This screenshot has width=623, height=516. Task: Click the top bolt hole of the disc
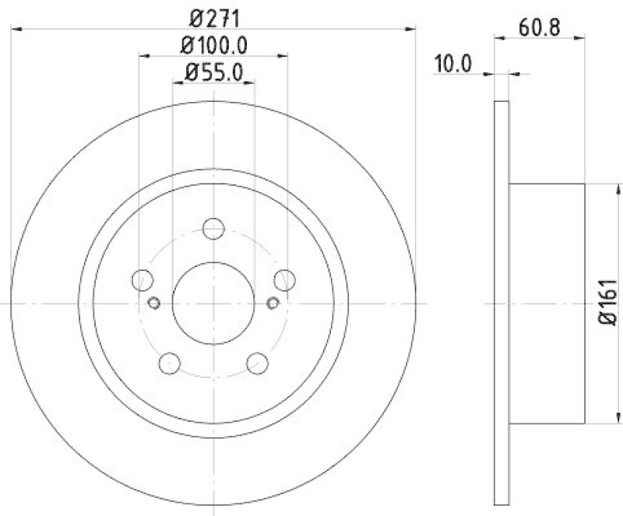coord(213,229)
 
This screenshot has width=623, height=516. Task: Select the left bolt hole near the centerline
coord(143,279)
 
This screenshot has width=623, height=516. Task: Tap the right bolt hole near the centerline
coord(284,279)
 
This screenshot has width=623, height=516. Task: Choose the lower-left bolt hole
coord(170,362)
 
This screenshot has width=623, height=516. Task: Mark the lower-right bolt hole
coord(257,362)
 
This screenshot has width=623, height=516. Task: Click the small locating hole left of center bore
coord(153,303)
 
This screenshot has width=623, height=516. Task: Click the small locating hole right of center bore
coord(273,303)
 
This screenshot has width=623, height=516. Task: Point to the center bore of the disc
coord(213,303)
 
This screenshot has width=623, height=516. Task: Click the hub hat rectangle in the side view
coord(547,303)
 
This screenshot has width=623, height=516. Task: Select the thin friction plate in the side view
coord(502,303)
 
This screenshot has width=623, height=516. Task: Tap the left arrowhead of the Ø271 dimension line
coord(16,30)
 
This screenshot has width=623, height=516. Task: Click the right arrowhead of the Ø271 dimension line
coord(411,30)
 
